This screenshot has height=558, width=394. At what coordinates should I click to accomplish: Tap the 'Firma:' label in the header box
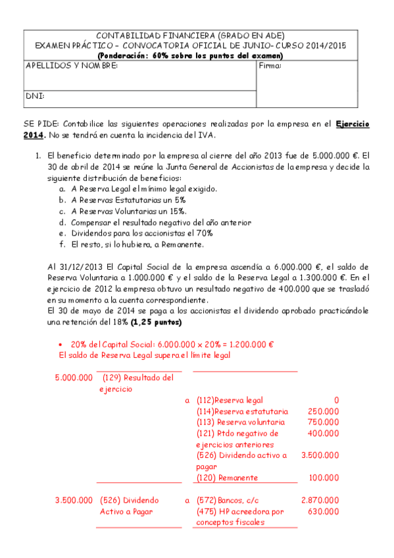[270, 66]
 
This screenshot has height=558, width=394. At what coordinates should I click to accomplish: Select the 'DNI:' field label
[35, 96]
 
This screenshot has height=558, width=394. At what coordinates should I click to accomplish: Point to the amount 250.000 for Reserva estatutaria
[324, 411]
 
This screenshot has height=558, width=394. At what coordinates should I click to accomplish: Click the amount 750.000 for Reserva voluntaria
[324, 422]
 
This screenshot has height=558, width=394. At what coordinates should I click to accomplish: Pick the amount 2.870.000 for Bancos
[320, 501]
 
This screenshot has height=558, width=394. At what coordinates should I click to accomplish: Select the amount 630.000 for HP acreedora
[324, 511]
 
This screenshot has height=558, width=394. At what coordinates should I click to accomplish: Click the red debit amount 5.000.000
[73, 378]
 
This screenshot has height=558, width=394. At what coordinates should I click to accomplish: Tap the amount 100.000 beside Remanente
[324, 478]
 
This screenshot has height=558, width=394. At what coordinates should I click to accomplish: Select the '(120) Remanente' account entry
[227, 478]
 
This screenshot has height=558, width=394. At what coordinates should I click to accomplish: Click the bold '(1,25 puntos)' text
[156, 323]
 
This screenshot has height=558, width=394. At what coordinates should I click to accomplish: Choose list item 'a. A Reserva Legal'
[137, 189]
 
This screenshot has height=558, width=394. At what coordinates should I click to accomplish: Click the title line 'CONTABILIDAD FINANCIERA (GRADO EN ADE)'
[191, 36]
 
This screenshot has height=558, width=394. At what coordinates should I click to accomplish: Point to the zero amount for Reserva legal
[336, 399]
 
